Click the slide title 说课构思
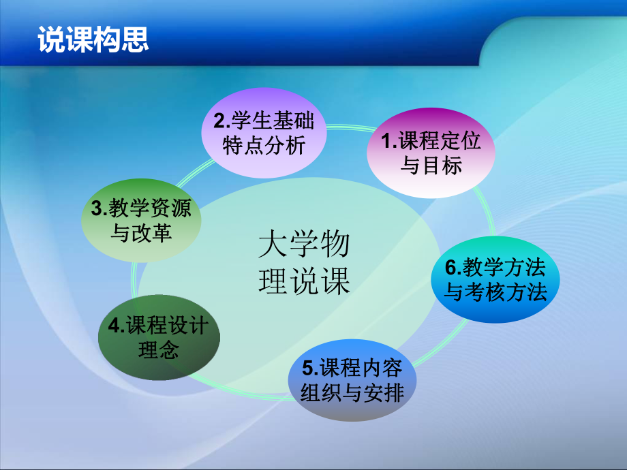pos(93,40)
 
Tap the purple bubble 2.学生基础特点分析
pos(264,134)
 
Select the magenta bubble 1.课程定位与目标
pos(430,153)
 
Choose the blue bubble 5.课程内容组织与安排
pos(352,380)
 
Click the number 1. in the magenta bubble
pos(388,141)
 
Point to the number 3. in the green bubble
pos(97,208)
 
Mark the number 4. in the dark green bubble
pos(115,326)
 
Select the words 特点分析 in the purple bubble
pos(264,146)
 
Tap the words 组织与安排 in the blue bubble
pos(352,393)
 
